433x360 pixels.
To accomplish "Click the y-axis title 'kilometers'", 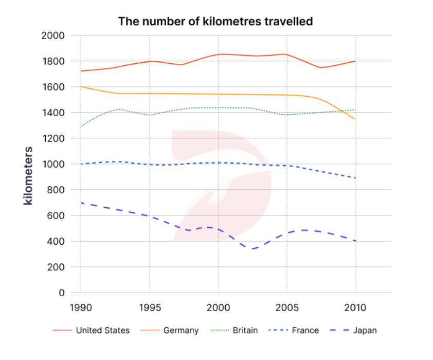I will pos(29,176).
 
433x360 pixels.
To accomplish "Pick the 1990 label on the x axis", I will pos(81,308).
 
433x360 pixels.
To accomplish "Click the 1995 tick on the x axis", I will pos(149,308).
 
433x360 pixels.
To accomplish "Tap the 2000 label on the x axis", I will pos(218,308).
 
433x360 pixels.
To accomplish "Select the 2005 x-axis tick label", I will pos(287,308).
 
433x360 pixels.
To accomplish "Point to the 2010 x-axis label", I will pos(355,308).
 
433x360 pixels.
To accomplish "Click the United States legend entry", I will pos(102,330).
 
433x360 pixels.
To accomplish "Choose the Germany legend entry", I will pos(181,330).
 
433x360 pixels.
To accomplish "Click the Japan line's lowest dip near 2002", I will pos(253,248).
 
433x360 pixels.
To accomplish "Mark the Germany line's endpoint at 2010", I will pos(355,119).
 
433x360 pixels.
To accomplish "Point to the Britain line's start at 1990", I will pos(81,127).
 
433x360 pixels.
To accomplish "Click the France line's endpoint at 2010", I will pos(355,178).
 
